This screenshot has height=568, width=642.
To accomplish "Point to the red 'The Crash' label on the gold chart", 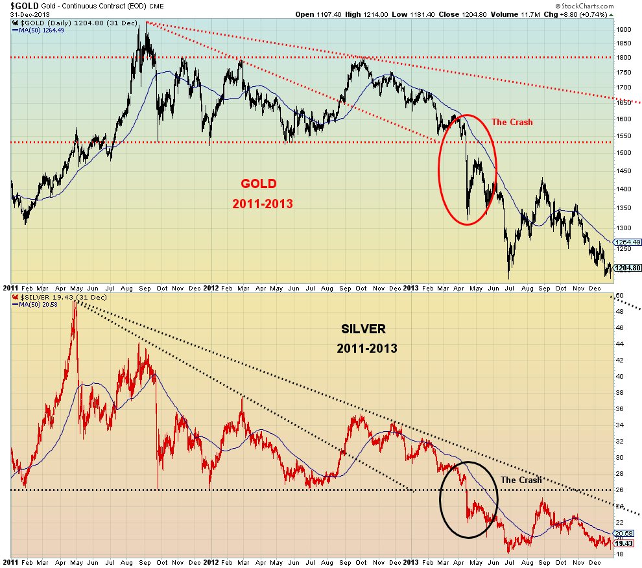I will click(512, 122).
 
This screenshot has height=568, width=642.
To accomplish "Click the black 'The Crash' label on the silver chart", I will click(521, 480).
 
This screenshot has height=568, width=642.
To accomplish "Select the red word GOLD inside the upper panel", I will click(259, 183).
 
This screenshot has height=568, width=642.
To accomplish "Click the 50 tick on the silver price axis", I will click(619, 295).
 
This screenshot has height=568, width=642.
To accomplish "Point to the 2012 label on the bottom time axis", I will click(210, 560).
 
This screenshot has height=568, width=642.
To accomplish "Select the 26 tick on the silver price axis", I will click(619, 490).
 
